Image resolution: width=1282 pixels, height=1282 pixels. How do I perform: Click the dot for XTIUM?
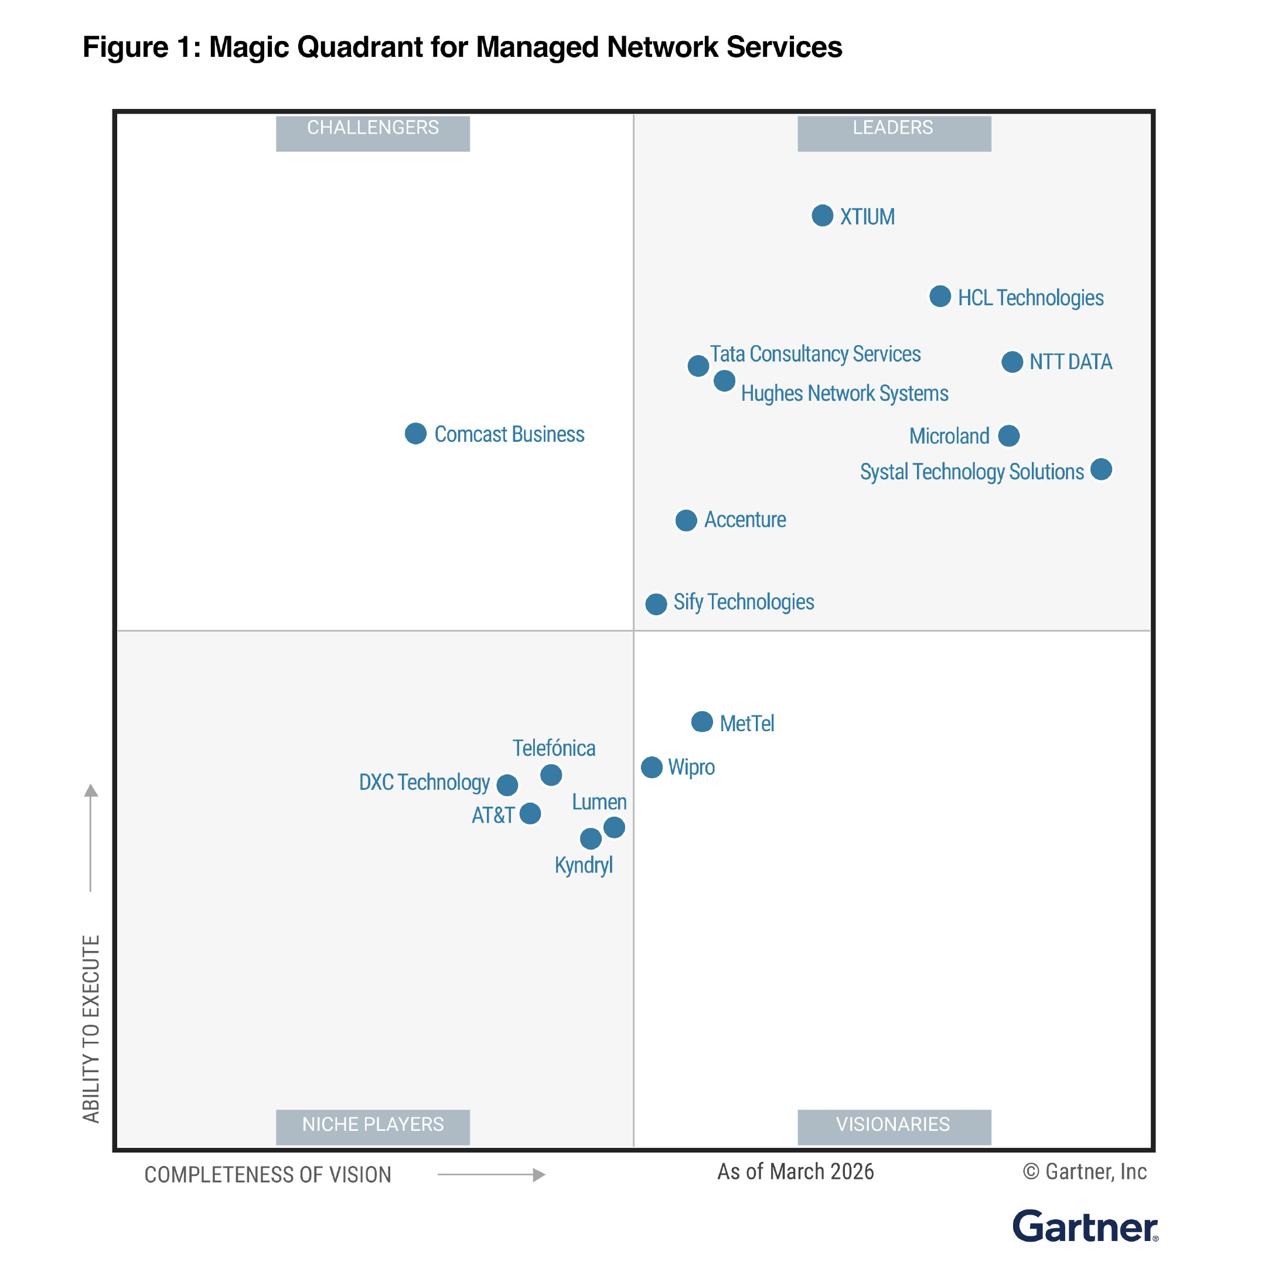pos(822,216)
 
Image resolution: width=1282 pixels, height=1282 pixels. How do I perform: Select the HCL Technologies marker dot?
pos(940,296)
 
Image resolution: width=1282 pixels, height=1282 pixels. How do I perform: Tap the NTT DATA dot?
pos(1011,362)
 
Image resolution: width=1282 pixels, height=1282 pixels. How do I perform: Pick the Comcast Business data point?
pos(415,434)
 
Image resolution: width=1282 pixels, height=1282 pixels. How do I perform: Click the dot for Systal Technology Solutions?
pos(1101,469)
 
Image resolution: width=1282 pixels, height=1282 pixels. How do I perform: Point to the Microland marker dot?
pos(1008,436)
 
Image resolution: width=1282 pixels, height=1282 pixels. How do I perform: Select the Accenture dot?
pos(686,520)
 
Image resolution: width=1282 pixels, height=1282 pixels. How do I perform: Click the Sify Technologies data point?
pos(656,604)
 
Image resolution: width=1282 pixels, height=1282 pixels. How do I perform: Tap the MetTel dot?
pos(702,721)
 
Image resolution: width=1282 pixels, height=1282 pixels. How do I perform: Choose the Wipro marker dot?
pos(652,767)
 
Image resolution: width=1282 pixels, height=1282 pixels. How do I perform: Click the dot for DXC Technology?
pos(507,785)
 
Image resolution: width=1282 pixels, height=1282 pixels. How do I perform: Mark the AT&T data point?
pos(530,813)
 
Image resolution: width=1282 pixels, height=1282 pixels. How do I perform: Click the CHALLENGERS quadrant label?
pos(373,128)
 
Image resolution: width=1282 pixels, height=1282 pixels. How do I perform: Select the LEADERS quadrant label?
pos(893,128)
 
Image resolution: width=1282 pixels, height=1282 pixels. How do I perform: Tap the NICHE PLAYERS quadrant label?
pos(373,1124)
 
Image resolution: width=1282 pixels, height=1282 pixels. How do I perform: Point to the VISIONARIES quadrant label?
pos(893,1124)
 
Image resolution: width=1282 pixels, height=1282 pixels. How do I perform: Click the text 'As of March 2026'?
pos(795,1172)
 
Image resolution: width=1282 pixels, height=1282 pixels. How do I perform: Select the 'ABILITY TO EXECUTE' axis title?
pos(91,1028)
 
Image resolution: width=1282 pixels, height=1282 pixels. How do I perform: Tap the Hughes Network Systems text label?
pos(844,394)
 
